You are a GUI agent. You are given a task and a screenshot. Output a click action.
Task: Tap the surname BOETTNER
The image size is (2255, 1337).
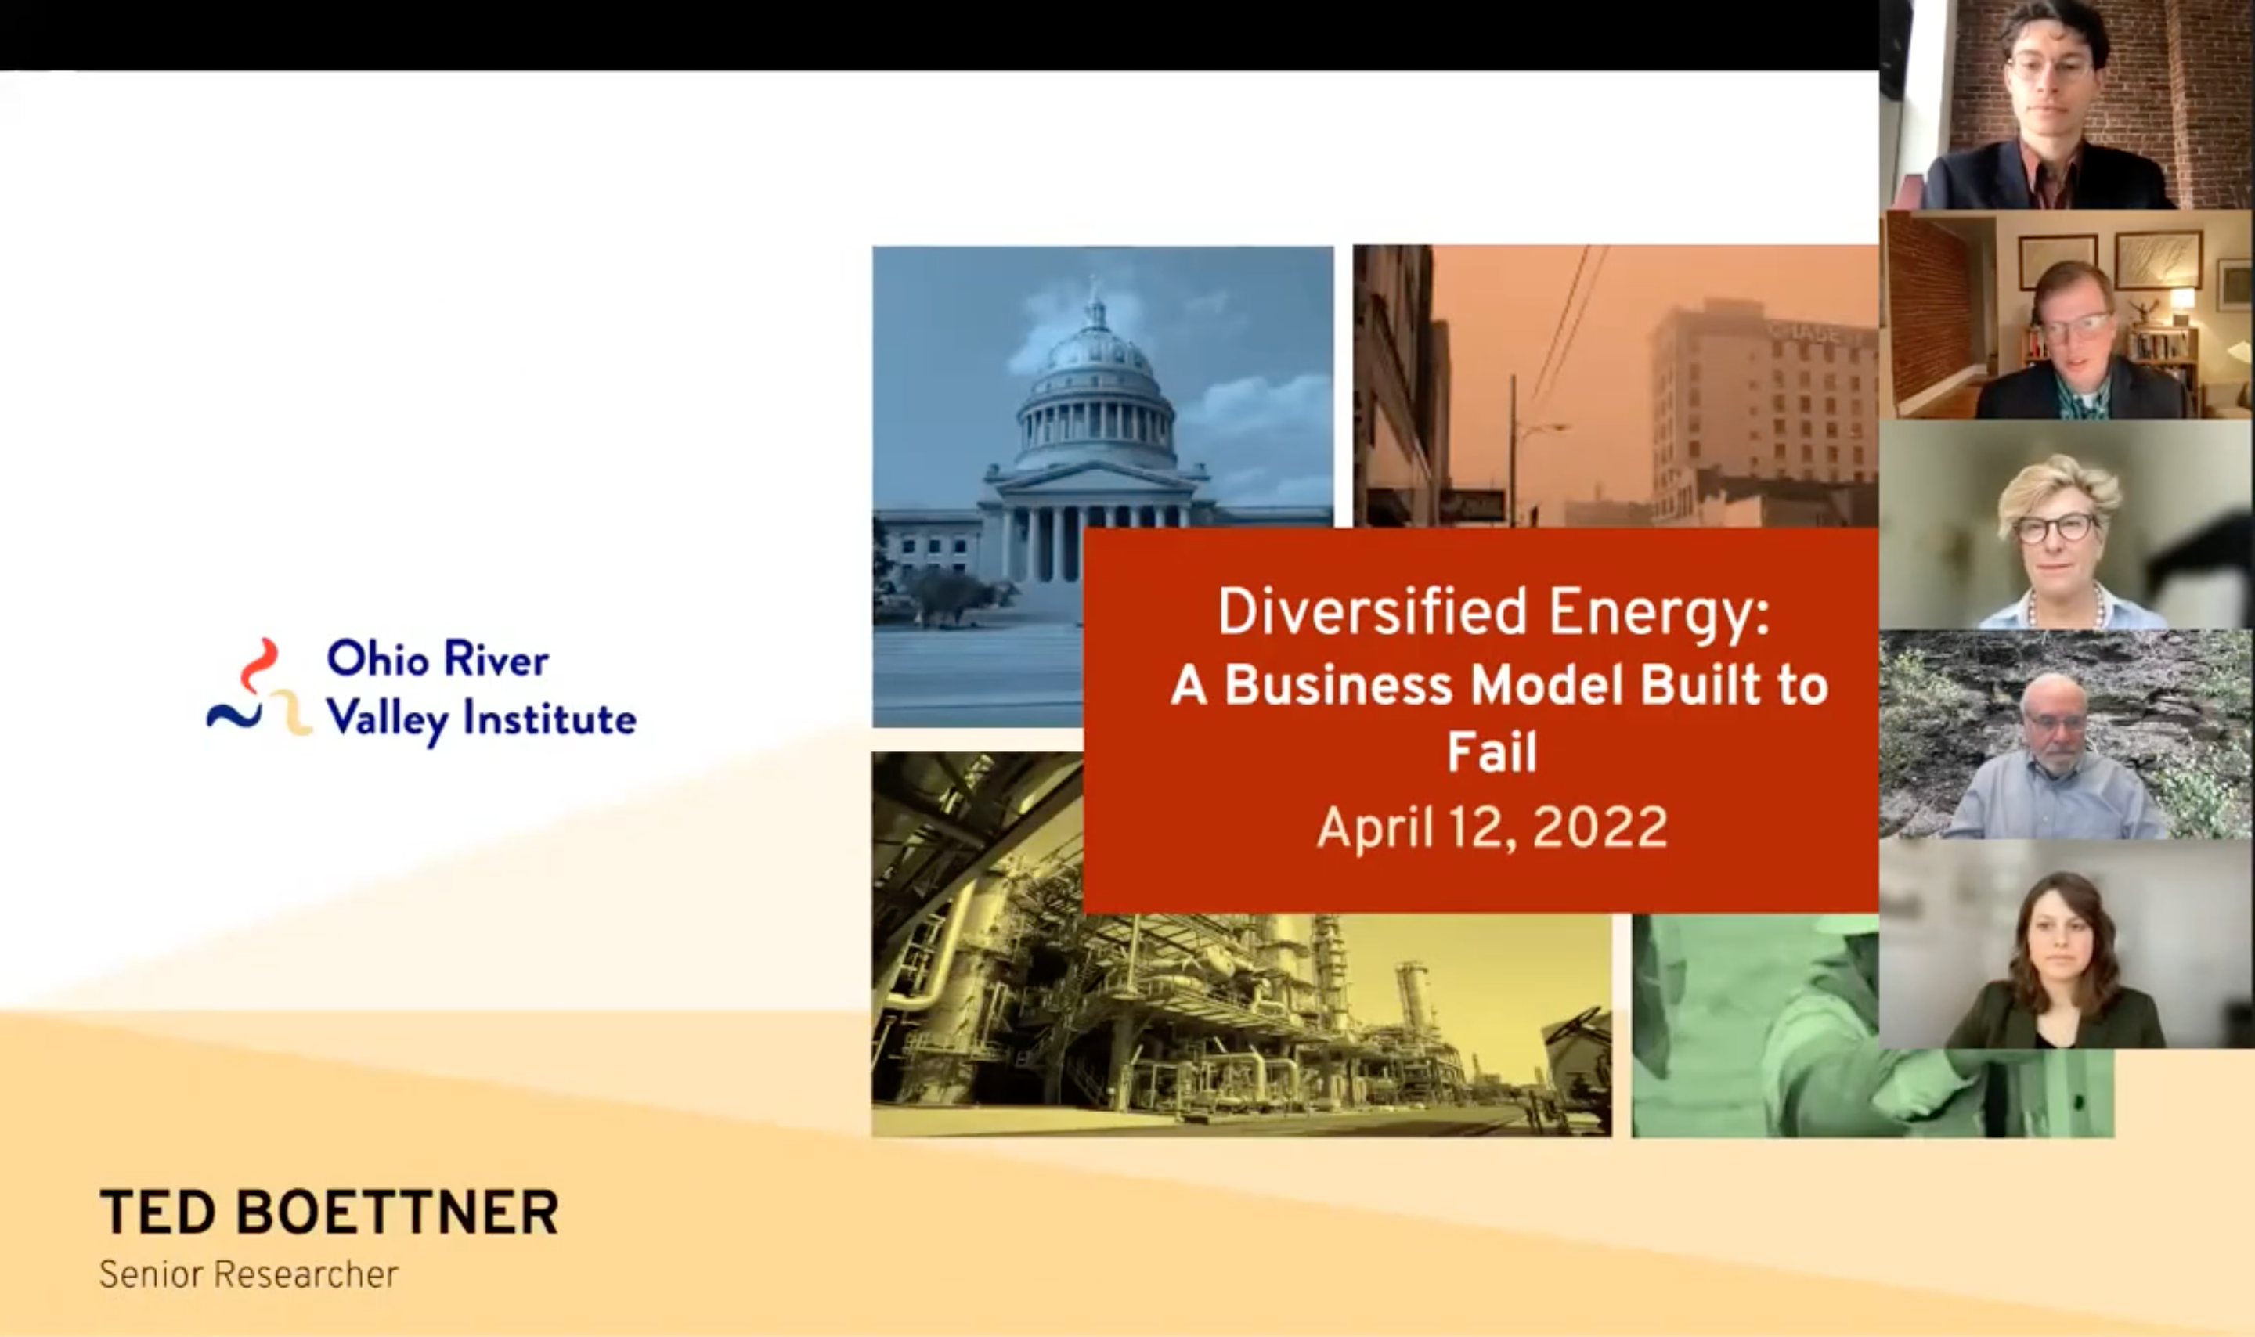tap(397, 1212)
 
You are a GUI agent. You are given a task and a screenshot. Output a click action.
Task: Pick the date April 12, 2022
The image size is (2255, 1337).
tap(1492, 827)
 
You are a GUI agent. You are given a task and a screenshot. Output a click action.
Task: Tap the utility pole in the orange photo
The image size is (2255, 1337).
tap(1514, 450)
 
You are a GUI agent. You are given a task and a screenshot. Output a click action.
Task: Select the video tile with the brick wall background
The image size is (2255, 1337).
tap(2067, 105)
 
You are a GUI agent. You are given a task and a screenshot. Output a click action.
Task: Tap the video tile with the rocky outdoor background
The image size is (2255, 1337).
tap(2067, 735)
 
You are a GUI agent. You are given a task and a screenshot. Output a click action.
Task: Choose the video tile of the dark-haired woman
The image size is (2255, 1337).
tap(2067, 944)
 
